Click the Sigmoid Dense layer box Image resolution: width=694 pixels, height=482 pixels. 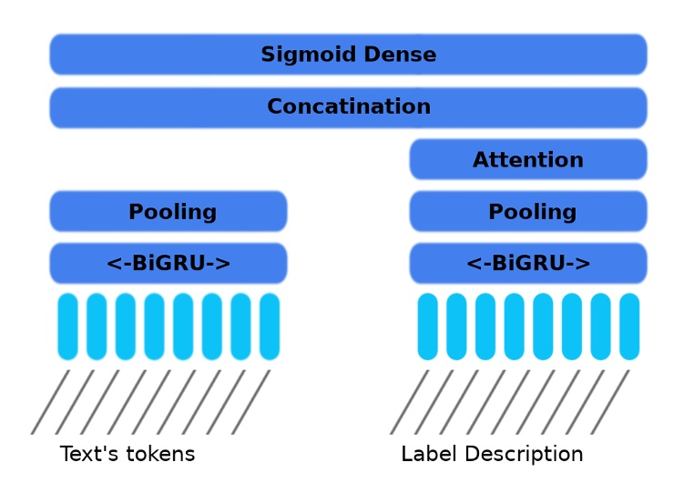tap(348, 55)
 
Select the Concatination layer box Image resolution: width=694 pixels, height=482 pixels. tap(348, 107)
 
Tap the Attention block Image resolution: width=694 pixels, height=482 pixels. tap(527, 160)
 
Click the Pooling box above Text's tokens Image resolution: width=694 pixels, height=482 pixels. tap(168, 212)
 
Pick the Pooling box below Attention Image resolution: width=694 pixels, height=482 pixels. tap(527, 212)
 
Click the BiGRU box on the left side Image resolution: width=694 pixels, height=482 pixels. tap(168, 264)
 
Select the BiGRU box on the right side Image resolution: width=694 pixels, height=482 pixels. tap(527, 264)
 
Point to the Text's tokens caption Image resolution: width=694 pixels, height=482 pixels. tap(128, 454)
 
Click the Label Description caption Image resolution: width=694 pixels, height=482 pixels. tap(492, 454)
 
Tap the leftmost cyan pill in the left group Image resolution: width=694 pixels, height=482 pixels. tap(67, 326)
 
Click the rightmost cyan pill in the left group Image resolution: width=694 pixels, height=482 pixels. tap(270, 326)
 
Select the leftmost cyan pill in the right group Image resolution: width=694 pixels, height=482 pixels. tap(427, 326)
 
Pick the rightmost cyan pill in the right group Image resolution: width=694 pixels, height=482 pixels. tap(629, 326)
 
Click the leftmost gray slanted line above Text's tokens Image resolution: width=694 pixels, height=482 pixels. tap(50, 401)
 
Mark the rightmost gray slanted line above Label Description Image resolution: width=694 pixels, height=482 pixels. tap(609, 401)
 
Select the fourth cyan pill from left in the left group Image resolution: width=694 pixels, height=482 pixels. tap(154, 326)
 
